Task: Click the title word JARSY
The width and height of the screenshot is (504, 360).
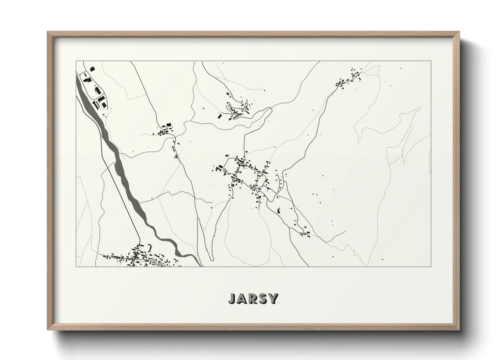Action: [x=253, y=298]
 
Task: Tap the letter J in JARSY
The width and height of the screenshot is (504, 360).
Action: [x=232, y=298]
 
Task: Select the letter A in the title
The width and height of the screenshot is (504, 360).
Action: [x=242, y=298]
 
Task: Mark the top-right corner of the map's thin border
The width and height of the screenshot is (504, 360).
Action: [x=431, y=61]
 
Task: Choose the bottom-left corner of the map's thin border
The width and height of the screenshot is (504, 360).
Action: [x=76, y=266]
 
